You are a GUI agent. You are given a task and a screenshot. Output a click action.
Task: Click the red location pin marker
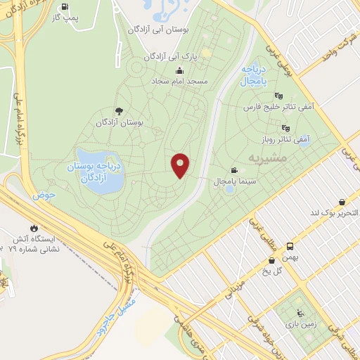tap(180, 165)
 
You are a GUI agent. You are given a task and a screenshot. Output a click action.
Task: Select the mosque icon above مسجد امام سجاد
tap(180, 70)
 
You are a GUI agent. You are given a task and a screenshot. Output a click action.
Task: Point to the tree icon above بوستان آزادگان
tap(118, 110)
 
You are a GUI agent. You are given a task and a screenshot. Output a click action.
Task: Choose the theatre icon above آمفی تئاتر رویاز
tap(285, 128)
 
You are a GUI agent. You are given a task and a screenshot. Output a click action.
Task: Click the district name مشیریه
tap(265, 159)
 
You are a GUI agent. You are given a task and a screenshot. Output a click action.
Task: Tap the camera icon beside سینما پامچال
tap(233, 170)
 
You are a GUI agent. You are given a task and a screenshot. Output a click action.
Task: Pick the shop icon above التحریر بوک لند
tap(342, 201)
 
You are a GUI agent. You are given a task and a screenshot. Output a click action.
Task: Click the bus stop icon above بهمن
tap(290, 246)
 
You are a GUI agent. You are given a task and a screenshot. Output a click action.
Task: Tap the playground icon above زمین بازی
tap(300, 314)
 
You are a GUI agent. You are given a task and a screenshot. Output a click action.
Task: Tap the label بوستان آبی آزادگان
tap(156, 30)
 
